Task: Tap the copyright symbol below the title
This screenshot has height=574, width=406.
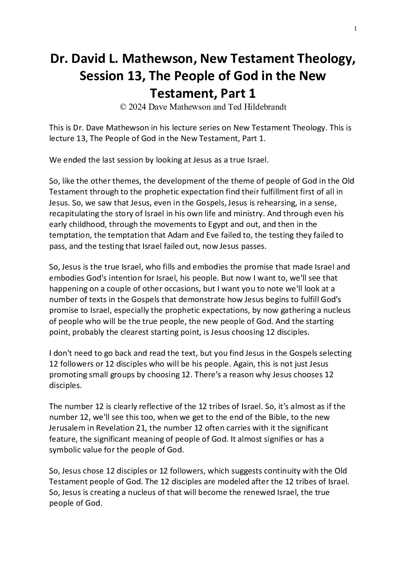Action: (x=123, y=107)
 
